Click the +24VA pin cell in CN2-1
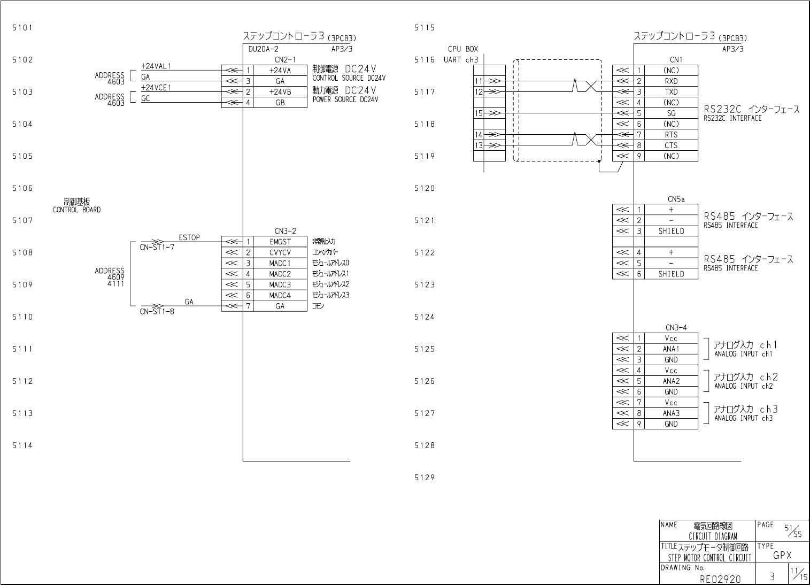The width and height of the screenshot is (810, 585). click(x=280, y=70)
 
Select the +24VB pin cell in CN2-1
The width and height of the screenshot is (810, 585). click(x=280, y=91)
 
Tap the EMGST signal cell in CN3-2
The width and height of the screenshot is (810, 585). click(x=280, y=242)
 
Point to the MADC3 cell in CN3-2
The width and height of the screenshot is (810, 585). click(x=280, y=284)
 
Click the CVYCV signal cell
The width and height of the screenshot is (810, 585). click(x=280, y=252)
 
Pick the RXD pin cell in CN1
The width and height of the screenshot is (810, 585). click(x=671, y=81)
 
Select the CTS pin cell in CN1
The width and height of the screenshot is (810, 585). click(x=671, y=145)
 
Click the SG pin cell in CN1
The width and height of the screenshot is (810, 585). click(x=671, y=113)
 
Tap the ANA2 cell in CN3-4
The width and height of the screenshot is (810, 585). click(x=671, y=381)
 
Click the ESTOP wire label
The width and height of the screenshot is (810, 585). click(x=189, y=237)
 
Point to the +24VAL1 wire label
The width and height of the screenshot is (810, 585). click(x=156, y=66)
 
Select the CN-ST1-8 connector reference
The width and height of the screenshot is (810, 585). click(x=157, y=311)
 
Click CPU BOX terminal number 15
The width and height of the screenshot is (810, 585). click(x=479, y=113)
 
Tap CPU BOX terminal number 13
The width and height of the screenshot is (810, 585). click(x=479, y=145)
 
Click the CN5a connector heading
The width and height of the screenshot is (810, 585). click(x=676, y=199)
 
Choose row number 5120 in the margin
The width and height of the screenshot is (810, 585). click(x=425, y=188)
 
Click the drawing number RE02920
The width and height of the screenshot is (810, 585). click(x=720, y=578)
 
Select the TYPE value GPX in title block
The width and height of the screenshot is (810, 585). click(x=782, y=556)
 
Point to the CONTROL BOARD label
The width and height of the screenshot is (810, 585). click(x=76, y=210)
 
